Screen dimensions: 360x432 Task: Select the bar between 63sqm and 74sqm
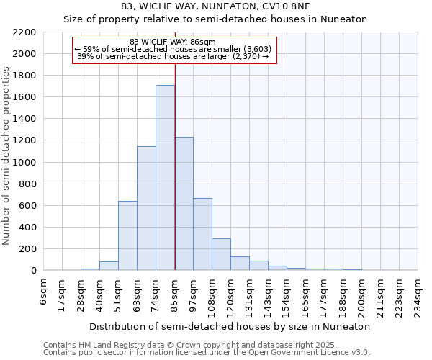coord(146,208)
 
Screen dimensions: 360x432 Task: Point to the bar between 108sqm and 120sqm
coord(221,254)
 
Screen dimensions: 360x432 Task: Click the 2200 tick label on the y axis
coord(24,32)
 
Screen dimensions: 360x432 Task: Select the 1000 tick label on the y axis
coord(24,162)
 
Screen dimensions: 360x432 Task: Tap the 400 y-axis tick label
coord(27,228)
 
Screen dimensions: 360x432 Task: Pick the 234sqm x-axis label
coord(418,295)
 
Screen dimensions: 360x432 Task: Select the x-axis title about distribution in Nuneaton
coord(231,326)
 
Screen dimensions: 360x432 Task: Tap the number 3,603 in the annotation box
coord(257,49)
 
